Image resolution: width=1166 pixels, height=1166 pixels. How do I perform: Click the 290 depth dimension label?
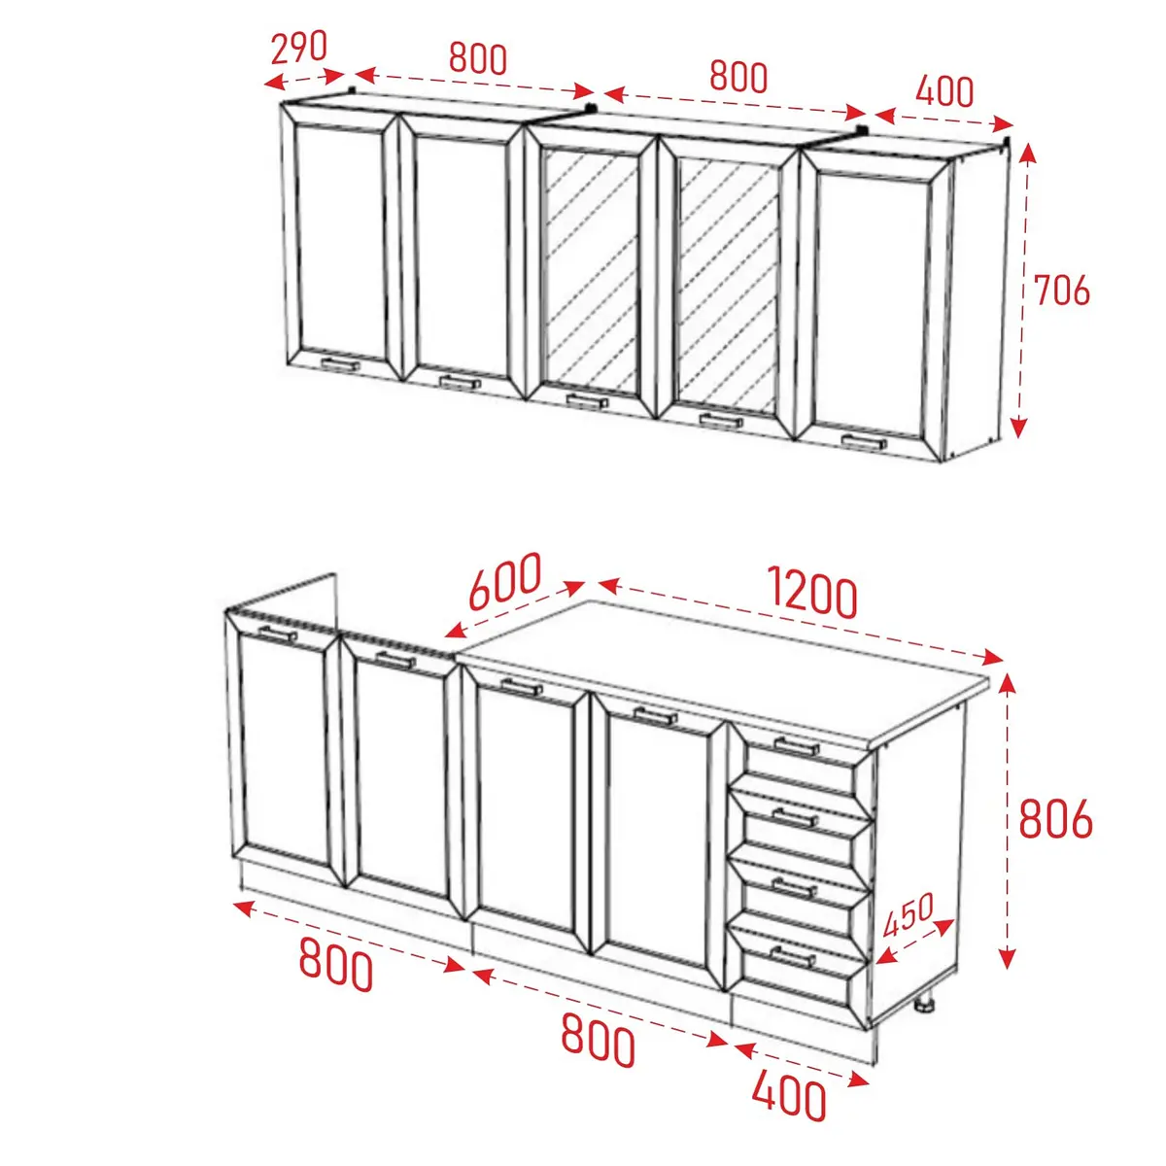point(298,48)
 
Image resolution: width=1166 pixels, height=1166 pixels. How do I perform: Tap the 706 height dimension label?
point(1061,291)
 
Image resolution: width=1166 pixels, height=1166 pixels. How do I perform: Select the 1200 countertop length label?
point(812,593)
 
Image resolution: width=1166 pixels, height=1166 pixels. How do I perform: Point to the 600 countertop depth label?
point(504,580)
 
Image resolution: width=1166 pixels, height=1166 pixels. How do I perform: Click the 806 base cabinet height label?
point(1056,819)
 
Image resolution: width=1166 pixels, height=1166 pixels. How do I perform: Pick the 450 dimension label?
point(909,914)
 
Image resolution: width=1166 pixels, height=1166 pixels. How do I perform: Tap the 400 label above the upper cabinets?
point(944,91)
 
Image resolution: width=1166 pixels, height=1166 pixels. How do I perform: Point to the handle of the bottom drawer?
point(793,957)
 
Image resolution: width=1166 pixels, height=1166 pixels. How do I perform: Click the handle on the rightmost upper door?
point(864,441)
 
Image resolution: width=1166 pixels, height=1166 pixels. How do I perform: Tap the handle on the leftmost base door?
point(278,634)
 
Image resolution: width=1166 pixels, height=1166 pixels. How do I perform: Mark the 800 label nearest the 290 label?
point(477,58)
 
